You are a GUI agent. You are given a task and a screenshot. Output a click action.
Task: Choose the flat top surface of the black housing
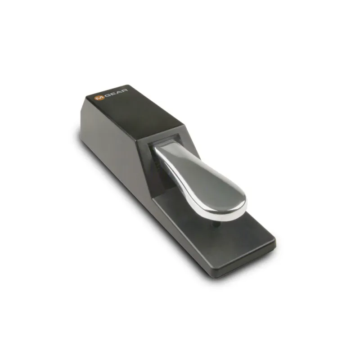click(x=135, y=108)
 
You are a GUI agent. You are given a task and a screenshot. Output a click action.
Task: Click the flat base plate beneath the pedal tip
click(x=243, y=234)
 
